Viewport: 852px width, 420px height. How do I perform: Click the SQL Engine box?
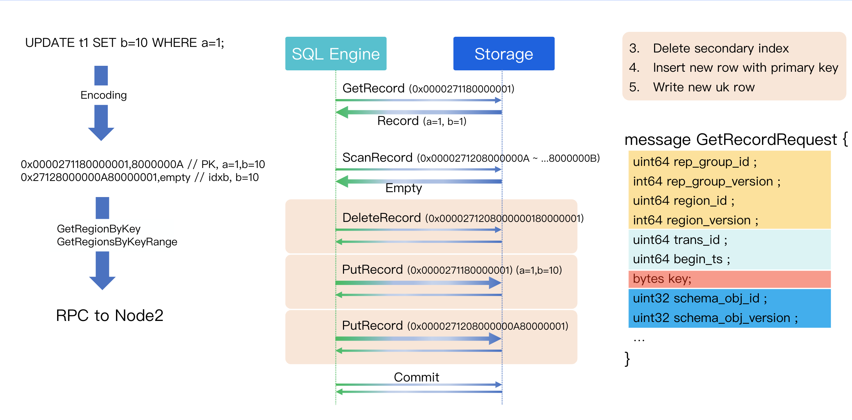pos(336,54)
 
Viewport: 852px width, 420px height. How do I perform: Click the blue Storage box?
pos(503,54)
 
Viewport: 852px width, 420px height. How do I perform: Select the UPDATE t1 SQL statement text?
pos(124,43)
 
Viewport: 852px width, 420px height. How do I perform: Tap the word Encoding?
pos(103,95)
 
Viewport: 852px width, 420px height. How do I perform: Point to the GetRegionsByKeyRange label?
pos(117,242)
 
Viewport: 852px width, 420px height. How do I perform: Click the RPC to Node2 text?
pos(110,315)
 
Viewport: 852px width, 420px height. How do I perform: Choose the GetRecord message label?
pos(428,89)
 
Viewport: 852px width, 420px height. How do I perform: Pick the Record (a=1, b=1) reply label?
pos(421,121)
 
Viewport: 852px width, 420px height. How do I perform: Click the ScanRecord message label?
pos(471,158)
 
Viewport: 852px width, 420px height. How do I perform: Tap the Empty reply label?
pos(404,188)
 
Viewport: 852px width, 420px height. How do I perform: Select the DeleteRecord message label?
pos(463,218)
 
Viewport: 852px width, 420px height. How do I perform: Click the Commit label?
pos(416,377)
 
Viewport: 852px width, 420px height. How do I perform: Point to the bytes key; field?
pos(662,279)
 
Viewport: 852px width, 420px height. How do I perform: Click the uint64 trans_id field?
pos(680,240)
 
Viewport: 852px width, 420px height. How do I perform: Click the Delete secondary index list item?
pos(721,48)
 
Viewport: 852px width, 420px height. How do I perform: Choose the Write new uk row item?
pos(703,87)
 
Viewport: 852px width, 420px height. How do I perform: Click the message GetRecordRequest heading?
pos(736,140)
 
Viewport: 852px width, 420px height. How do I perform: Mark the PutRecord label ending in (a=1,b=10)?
pos(452,270)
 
